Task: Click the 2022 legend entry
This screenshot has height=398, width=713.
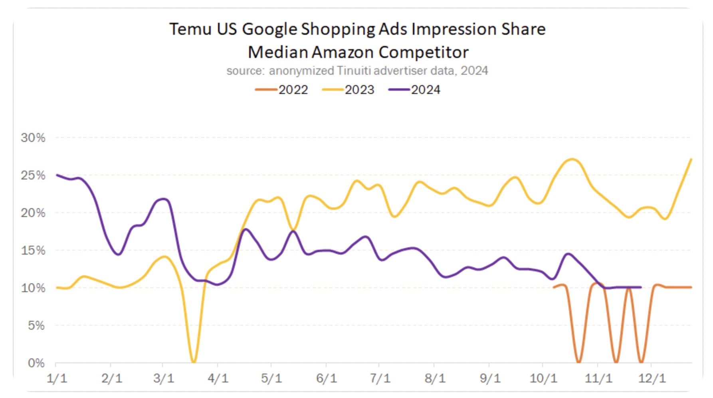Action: point(282,90)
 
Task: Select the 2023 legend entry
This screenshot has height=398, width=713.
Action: point(348,90)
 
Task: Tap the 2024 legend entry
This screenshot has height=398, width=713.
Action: point(414,90)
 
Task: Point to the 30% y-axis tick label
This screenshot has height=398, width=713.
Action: point(33,138)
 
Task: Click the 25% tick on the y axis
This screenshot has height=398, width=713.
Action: point(33,175)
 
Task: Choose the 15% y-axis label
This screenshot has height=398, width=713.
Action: point(33,251)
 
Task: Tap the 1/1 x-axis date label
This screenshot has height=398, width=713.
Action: point(57,378)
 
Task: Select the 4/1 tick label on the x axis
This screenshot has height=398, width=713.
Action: point(218,378)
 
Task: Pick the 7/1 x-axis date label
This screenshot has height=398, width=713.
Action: point(380,378)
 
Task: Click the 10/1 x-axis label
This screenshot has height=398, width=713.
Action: point(543,378)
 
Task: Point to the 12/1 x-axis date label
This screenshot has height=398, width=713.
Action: point(652,378)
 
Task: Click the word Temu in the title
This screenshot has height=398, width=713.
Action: point(190,30)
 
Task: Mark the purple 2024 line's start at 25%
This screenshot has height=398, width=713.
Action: point(57,175)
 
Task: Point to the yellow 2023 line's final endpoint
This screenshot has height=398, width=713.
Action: point(691,159)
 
